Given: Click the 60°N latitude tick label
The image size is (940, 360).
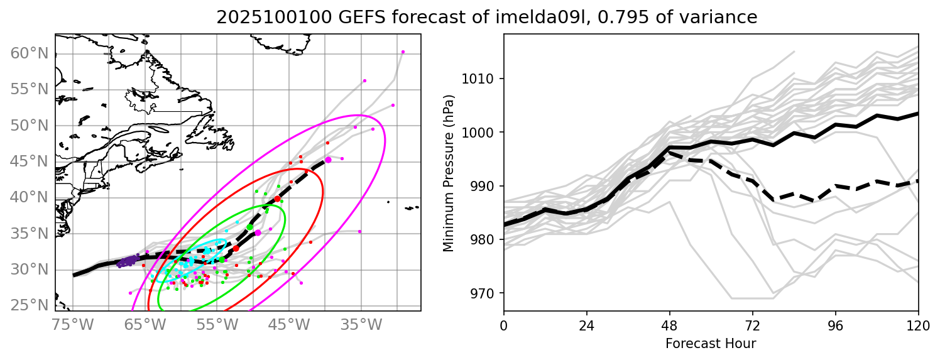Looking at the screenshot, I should pyautogui.click(x=28, y=53).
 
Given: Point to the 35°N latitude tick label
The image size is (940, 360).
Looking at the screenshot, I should pyautogui.click(x=28, y=234).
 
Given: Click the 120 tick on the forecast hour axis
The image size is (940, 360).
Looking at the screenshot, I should pyautogui.click(x=918, y=325).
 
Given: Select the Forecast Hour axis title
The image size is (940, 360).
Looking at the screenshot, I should pyautogui.click(x=711, y=344).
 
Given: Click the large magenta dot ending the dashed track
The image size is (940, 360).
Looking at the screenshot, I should pyautogui.click(x=328, y=160).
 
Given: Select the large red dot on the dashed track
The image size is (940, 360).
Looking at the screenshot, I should pyautogui.click(x=277, y=199).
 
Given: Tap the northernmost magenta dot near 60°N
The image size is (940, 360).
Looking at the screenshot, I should pyautogui.click(x=403, y=52).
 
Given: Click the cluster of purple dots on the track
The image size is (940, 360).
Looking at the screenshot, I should pyautogui.click(x=128, y=261).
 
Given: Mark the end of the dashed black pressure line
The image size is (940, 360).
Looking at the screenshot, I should pyautogui.click(x=918, y=181).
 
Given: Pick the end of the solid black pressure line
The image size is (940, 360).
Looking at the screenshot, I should pyautogui.click(x=918, y=114).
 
